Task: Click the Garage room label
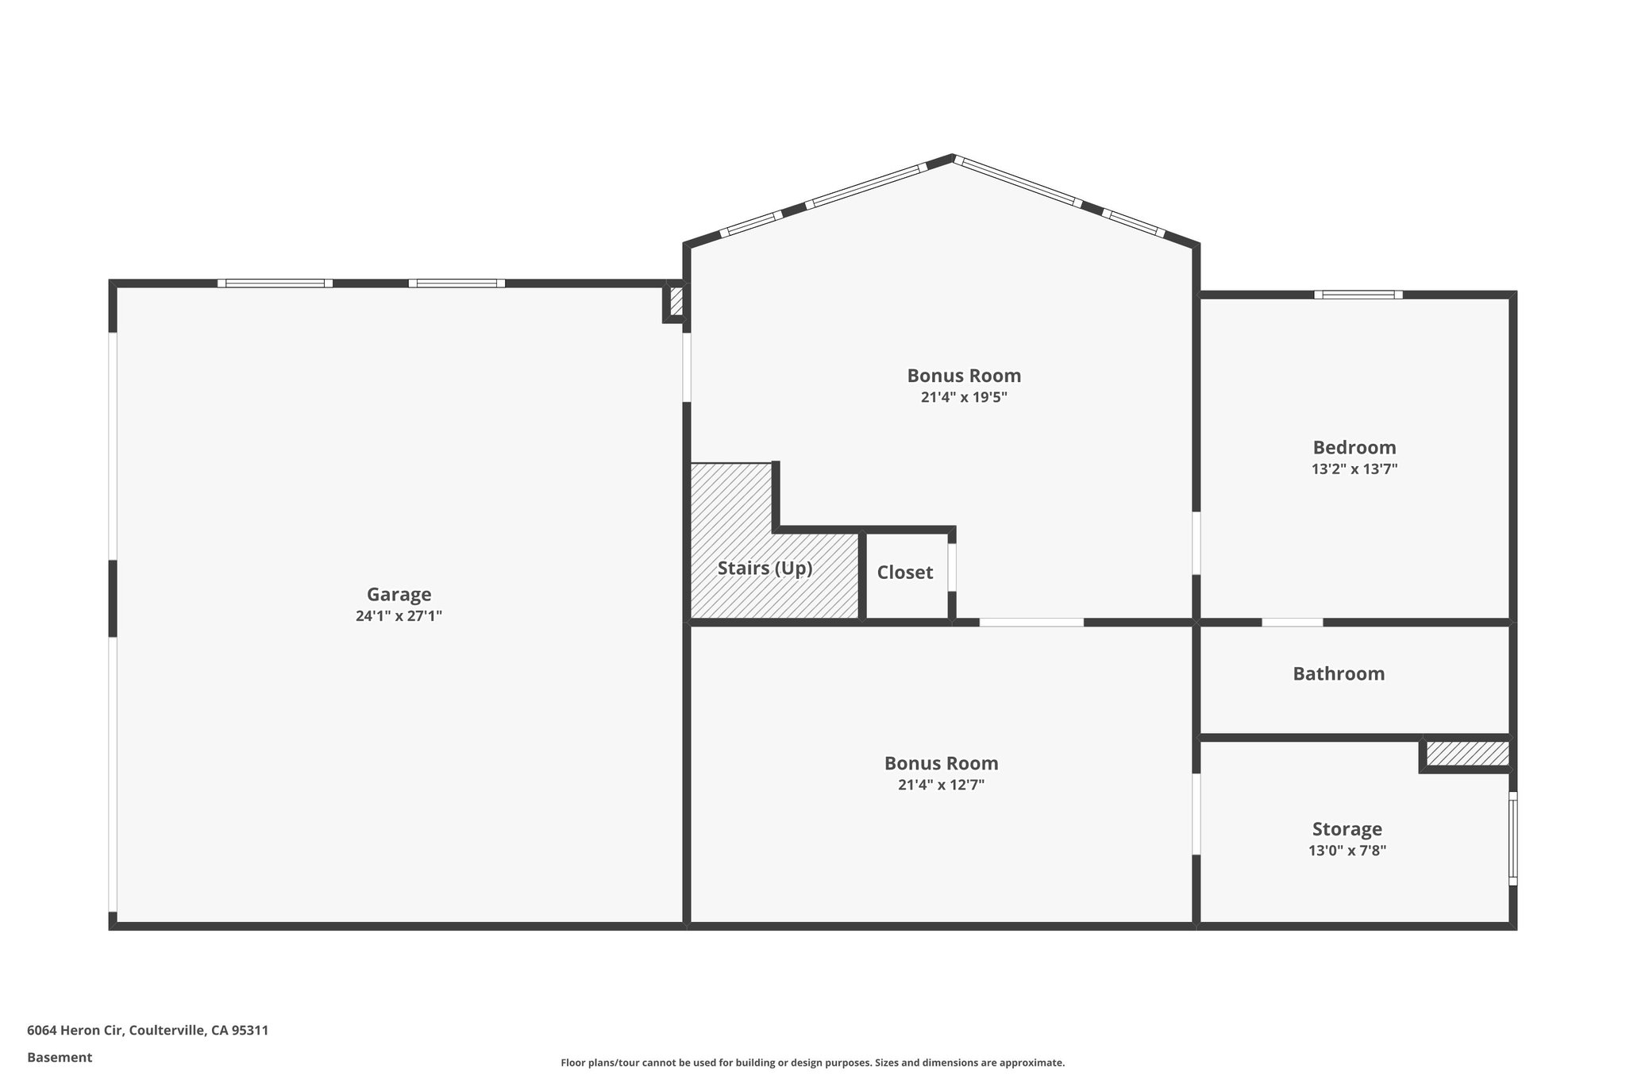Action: [399, 594]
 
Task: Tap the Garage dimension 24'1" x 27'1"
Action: [399, 615]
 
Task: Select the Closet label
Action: [904, 573]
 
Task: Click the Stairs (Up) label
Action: [765, 569]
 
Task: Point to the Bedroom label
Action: [1354, 447]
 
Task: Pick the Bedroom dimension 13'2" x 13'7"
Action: [1354, 469]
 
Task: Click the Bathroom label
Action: [1339, 673]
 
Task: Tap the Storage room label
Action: [1347, 829]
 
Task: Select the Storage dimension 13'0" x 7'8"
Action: [1347, 851]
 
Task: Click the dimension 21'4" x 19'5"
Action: [964, 397]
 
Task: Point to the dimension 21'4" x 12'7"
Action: [941, 785]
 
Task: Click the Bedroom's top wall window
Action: [1358, 295]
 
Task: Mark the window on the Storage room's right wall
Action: [1512, 838]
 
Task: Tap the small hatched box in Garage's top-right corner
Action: [676, 302]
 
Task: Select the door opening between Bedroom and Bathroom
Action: [1292, 622]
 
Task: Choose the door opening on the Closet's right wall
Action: [952, 567]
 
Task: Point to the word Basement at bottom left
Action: [60, 1057]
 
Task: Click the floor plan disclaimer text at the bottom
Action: [812, 1063]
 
